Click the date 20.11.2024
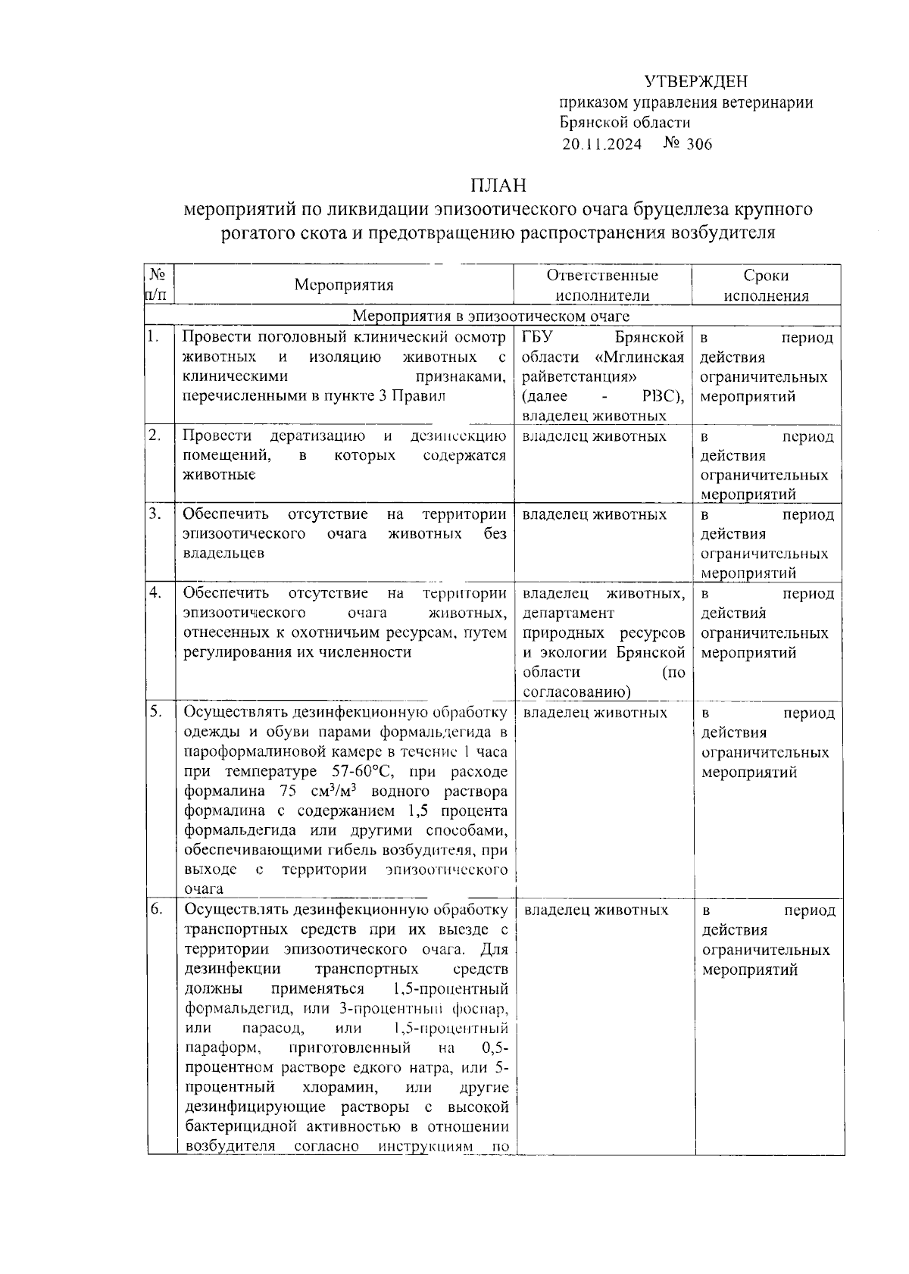(x=601, y=144)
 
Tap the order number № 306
(x=688, y=144)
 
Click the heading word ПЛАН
(x=498, y=186)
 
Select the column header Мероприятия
(x=344, y=286)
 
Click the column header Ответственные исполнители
(x=602, y=286)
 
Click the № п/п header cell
(x=158, y=285)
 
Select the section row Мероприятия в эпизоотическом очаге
(x=492, y=316)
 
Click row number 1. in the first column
(x=154, y=336)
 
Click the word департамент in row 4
(x=568, y=613)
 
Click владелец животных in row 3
(x=595, y=515)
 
